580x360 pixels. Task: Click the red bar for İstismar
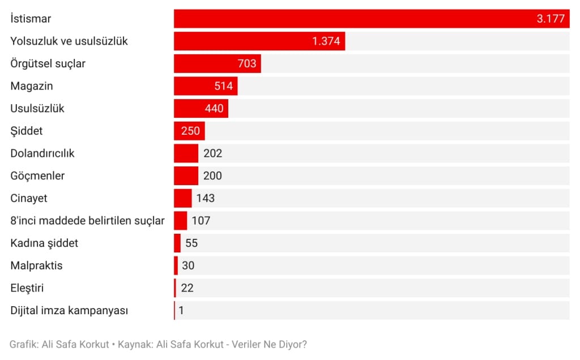(351, 19)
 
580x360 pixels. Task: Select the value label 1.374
(326, 41)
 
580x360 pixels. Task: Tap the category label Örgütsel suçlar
(48, 63)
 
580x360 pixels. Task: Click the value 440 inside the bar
(214, 108)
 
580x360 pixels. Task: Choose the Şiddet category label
(27, 131)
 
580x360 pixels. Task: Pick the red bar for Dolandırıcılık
(186, 153)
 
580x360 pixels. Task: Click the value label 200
(213, 175)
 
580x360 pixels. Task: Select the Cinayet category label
(29, 198)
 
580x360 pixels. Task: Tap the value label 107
(201, 221)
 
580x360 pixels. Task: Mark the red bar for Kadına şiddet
(177, 243)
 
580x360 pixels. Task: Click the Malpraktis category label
(36, 265)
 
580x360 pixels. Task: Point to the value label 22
(187, 288)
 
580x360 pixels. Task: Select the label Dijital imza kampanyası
(69, 310)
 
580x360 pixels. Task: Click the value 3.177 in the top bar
(551, 19)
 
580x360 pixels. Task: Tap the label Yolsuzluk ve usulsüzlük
(69, 41)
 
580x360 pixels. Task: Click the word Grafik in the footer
(23, 344)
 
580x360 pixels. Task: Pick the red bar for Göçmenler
(186, 175)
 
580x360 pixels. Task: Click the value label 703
(247, 63)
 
